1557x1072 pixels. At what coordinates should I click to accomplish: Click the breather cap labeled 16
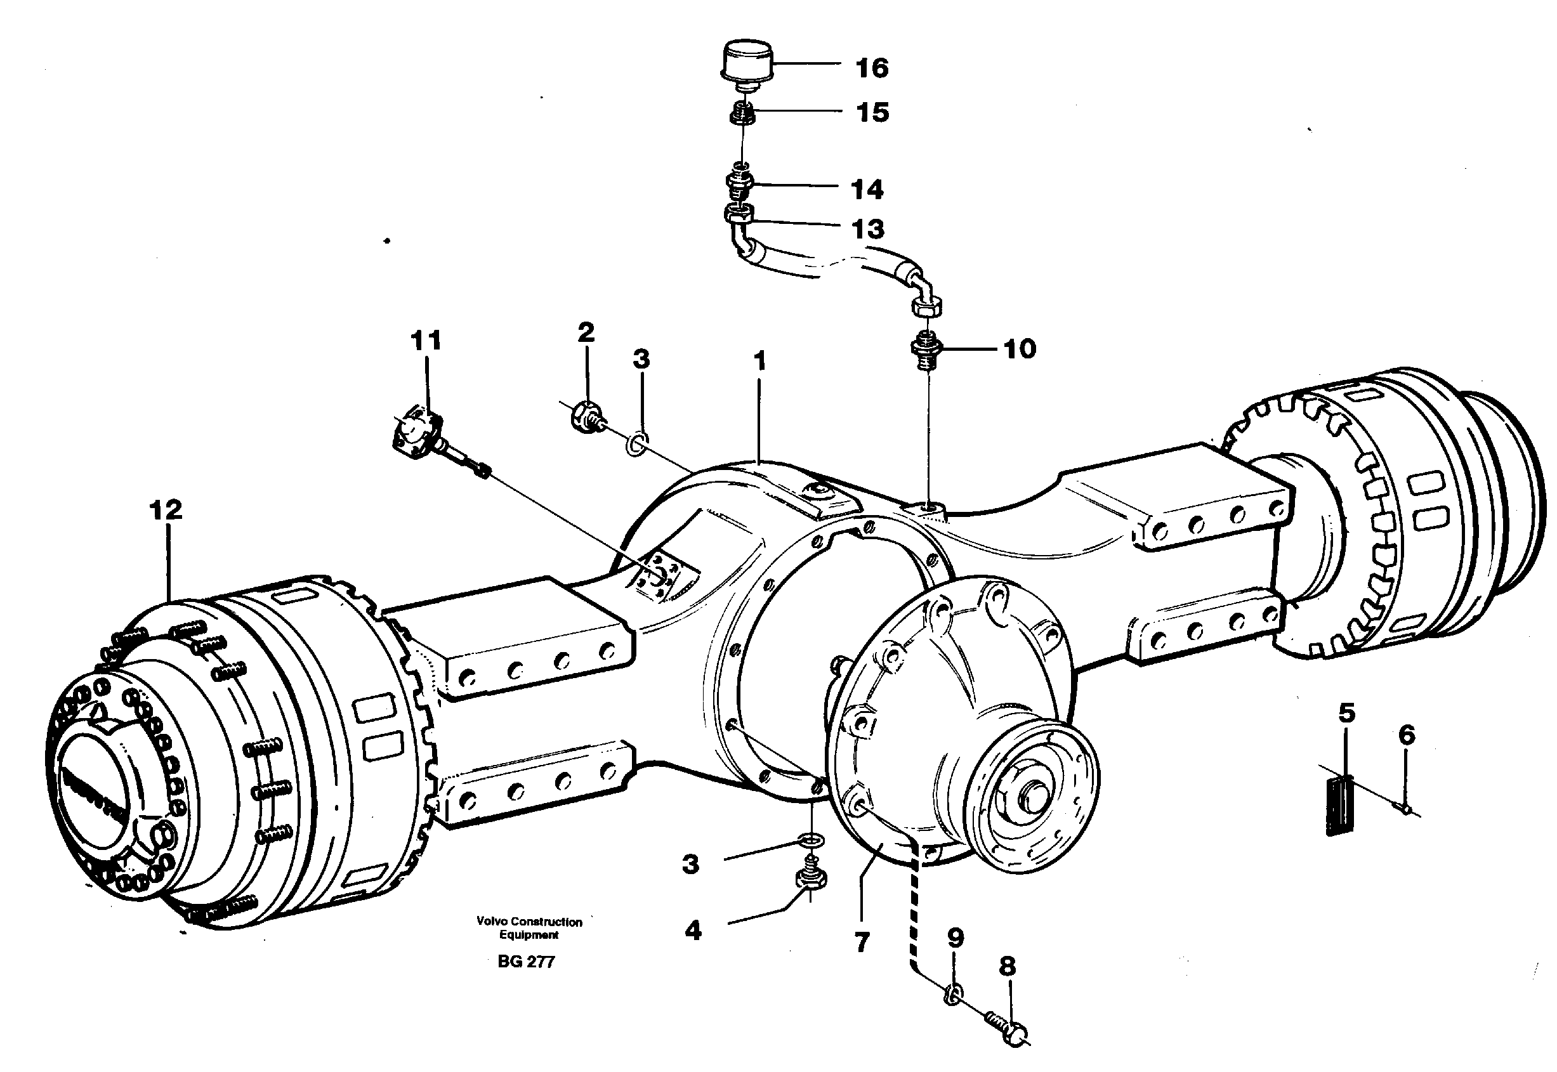tap(746, 65)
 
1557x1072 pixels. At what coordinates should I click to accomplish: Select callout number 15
tap(872, 112)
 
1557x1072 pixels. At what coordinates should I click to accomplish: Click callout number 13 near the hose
tap(868, 229)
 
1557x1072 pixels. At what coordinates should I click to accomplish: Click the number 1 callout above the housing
tap(759, 362)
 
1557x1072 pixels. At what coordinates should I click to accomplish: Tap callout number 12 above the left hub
tap(166, 510)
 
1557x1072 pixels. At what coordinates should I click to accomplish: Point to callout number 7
tap(862, 943)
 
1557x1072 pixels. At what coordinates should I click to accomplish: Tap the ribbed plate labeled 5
tap(1339, 805)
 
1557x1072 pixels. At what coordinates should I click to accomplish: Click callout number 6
tap(1406, 735)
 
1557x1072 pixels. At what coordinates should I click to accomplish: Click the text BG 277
tap(526, 962)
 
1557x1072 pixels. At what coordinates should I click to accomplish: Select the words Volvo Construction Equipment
tap(529, 928)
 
